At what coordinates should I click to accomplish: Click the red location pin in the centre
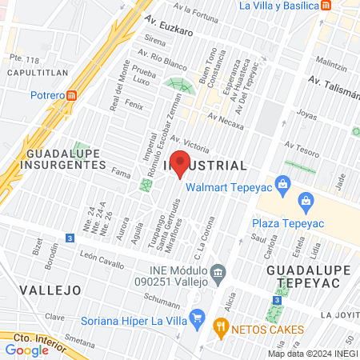(x=180, y=162)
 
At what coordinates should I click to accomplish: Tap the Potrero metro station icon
(x=72, y=95)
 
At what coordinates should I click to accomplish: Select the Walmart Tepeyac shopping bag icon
(x=282, y=185)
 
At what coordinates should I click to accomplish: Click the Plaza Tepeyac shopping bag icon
(x=305, y=200)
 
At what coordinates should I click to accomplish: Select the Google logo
(x=26, y=350)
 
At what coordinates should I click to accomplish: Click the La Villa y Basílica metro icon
(x=326, y=6)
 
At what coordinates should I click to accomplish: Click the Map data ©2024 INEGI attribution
(x=313, y=353)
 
